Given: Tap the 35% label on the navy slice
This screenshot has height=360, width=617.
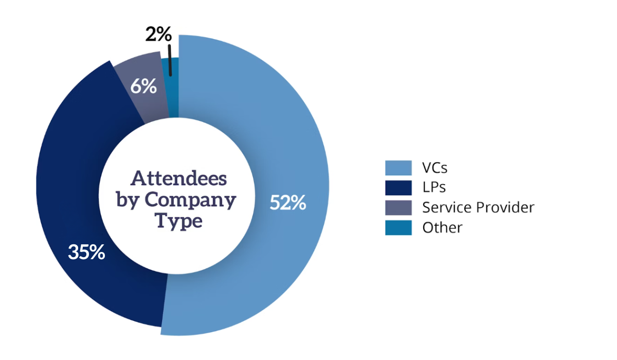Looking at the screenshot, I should (87, 253).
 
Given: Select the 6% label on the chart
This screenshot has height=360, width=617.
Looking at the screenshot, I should (143, 86).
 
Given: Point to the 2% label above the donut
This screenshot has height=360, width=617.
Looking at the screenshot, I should (157, 35).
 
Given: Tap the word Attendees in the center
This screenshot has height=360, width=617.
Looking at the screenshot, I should (179, 178).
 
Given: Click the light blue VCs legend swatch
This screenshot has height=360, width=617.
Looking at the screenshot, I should (398, 168).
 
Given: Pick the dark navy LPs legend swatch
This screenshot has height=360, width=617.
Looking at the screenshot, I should (398, 188).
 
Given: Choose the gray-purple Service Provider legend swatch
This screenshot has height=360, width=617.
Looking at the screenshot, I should (398, 207).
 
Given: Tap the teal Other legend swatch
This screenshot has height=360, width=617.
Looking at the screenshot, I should (398, 227).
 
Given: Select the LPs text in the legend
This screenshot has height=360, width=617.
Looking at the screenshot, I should (433, 188).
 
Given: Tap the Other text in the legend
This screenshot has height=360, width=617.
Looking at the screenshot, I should (442, 227).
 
